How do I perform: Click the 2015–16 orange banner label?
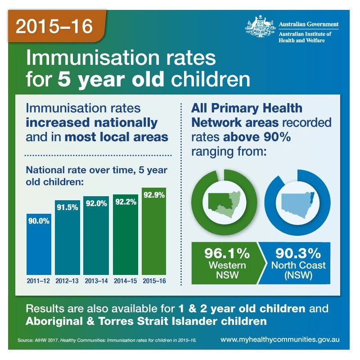click(x=54, y=27)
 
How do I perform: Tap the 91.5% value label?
click(x=67, y=207)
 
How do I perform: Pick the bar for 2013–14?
click(x=96, y=238)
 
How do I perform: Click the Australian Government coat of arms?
click(x=260, y=28)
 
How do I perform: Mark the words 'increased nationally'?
click(x=92, y=123)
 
